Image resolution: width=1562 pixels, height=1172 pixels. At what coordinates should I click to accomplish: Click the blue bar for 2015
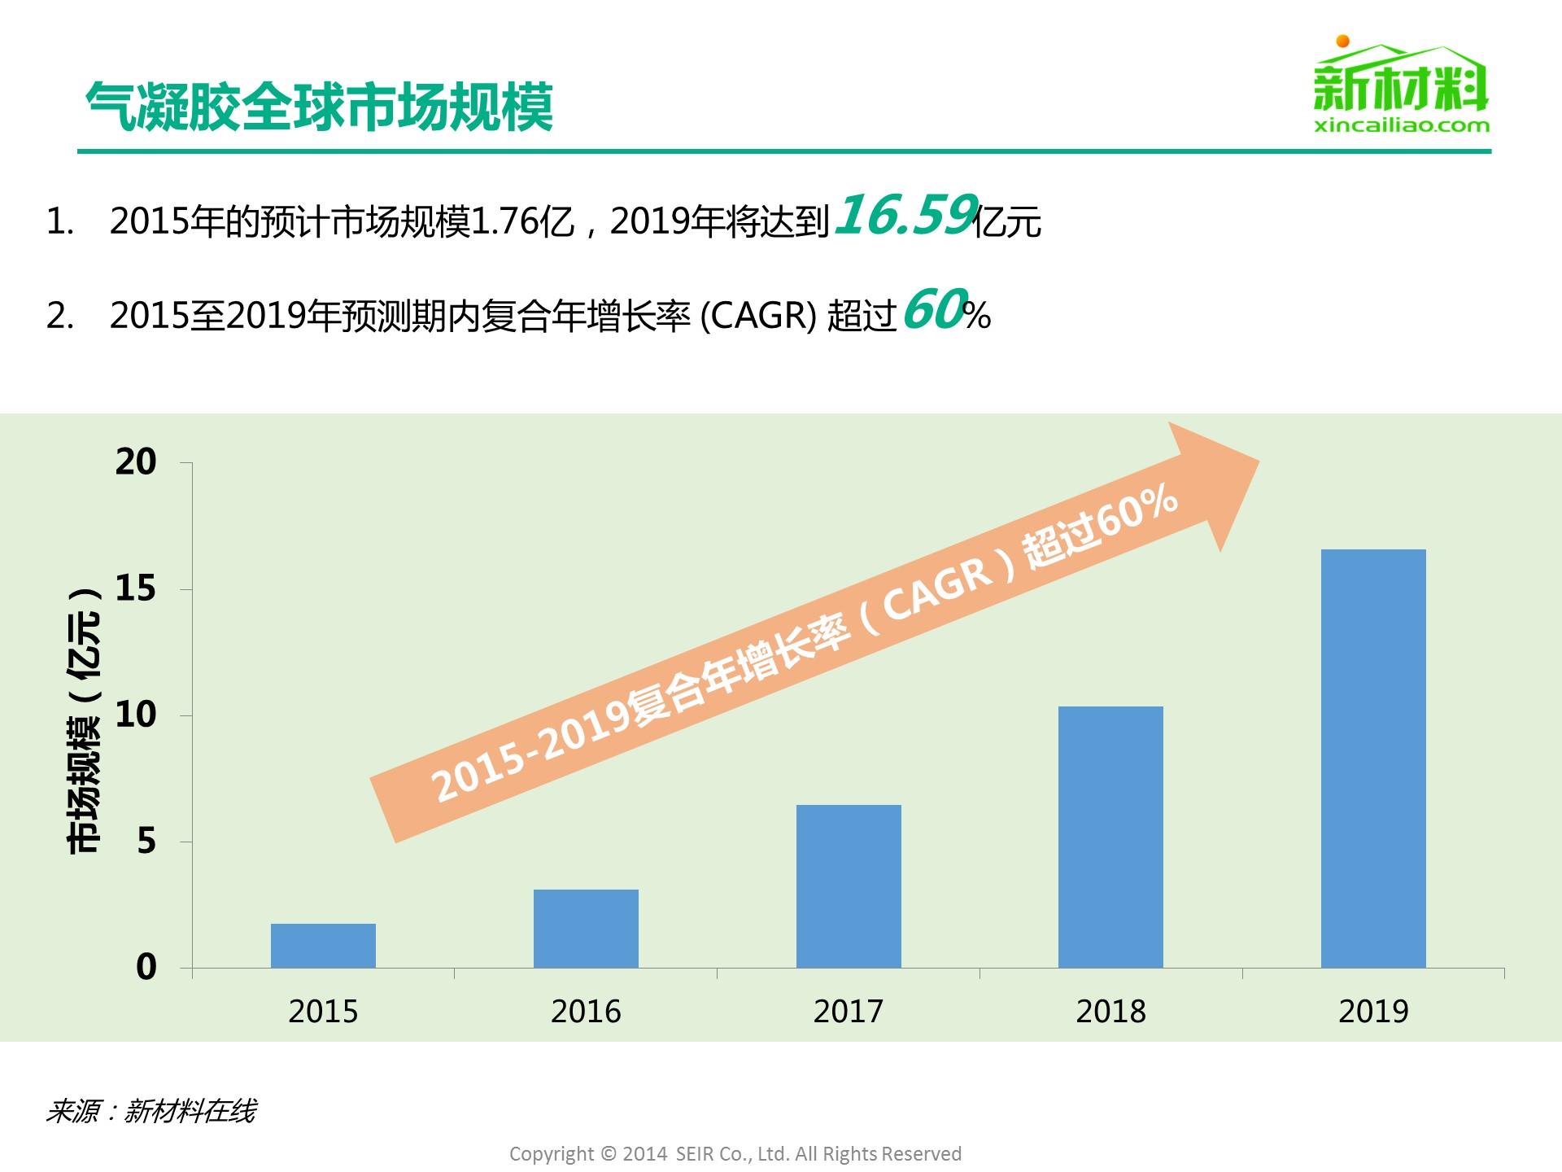click(x=323, y=946)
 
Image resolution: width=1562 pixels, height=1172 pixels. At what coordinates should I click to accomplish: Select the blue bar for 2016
click(x=586, y=929)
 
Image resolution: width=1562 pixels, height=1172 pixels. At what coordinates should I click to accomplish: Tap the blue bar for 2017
click(x=849, y=886)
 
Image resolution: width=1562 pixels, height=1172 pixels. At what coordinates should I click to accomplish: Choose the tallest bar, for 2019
click(x=1373, y=759)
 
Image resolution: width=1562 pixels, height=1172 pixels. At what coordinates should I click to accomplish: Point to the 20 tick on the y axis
click(x=136, y=462)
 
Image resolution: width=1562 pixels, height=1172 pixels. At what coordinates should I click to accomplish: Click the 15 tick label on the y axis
click(x=136, y=588)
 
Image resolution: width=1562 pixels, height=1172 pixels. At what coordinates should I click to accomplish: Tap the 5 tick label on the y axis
click(x=146, y=841)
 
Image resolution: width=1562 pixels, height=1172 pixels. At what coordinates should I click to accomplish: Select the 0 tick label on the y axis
click(x=146, y=967)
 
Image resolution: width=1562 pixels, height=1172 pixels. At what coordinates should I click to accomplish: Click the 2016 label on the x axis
click(x=586, y=1012)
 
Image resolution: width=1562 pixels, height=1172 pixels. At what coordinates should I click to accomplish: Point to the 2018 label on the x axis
click(x=1110, y=1012)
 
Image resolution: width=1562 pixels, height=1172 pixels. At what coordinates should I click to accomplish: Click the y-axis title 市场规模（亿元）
click(x=84, y=719)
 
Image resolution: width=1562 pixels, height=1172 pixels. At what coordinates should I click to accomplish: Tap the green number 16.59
click(x=905, y=216)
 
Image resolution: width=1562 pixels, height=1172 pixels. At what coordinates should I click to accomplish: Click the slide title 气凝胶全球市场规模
click(x=319, y=107)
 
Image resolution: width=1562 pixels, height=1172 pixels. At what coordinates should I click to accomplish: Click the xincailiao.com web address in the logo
click(x=1402, y=125)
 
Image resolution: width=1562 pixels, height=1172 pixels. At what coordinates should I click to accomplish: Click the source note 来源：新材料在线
click(x=151, y=1111)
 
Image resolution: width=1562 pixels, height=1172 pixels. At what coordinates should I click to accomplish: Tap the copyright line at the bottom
click(x=735, y=1154)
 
